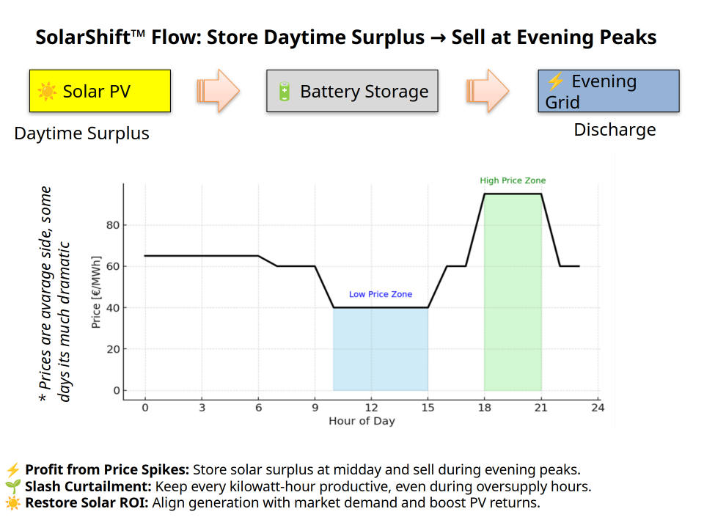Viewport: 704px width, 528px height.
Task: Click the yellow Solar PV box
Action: (x=100, y=91)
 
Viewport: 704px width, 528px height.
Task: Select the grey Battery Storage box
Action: (x=352, y=91)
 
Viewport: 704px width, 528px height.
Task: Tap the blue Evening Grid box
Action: (x=608, y=91)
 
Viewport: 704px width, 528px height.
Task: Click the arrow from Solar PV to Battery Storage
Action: (x=219, y=91)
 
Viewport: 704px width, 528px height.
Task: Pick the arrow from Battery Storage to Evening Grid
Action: (x=487, y=91)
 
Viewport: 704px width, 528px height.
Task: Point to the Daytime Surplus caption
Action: (x=81, y=133)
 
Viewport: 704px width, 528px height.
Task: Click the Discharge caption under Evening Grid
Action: (x=615, y=131)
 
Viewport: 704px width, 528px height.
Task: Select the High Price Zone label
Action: (x=513, y=180)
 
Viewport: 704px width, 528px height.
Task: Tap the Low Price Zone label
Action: (x=380, y=294)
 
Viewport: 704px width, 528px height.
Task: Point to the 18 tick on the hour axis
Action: (x=484, y=408)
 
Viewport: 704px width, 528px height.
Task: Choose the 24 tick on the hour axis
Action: (x=598, y=408)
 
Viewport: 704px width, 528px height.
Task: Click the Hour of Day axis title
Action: (x=362, y=421)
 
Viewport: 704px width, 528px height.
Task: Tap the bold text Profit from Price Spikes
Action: (x=107, y=470)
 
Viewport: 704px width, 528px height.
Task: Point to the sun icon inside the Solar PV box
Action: (x=48, y=92)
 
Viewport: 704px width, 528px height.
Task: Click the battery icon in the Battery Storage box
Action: (x=285, y=92)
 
